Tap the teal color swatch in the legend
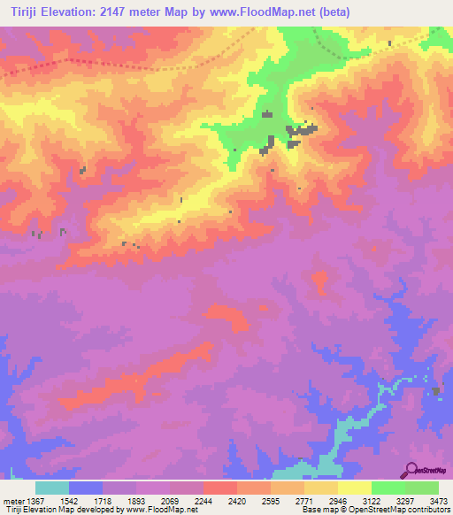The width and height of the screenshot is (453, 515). pyautogui.click(x=52, y=488)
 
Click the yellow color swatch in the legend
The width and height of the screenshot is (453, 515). pyautogui.click(x=354, y=488)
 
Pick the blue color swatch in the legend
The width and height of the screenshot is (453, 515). pyautogui.click(x=86, y=488)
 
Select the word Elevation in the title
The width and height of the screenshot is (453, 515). pyautogui.click(x=68, y=12)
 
